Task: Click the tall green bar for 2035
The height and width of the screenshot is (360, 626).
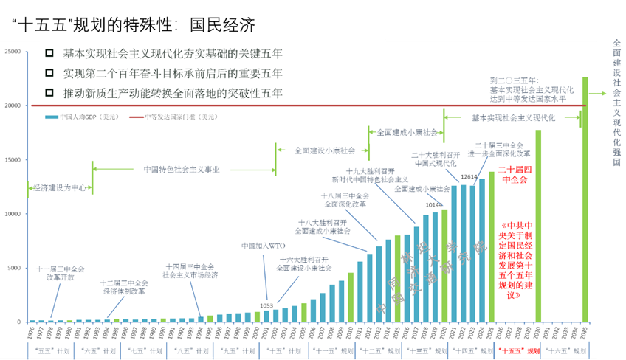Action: [585, 199]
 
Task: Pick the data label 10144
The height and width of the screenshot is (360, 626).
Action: [433, 204]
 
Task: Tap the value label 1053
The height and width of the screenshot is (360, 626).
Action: [266, 305]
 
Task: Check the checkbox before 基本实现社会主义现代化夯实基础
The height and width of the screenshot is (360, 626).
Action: [49, 53]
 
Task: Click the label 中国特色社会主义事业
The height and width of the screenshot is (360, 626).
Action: [182, 169]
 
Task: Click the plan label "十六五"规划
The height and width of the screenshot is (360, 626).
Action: [566, 350]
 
